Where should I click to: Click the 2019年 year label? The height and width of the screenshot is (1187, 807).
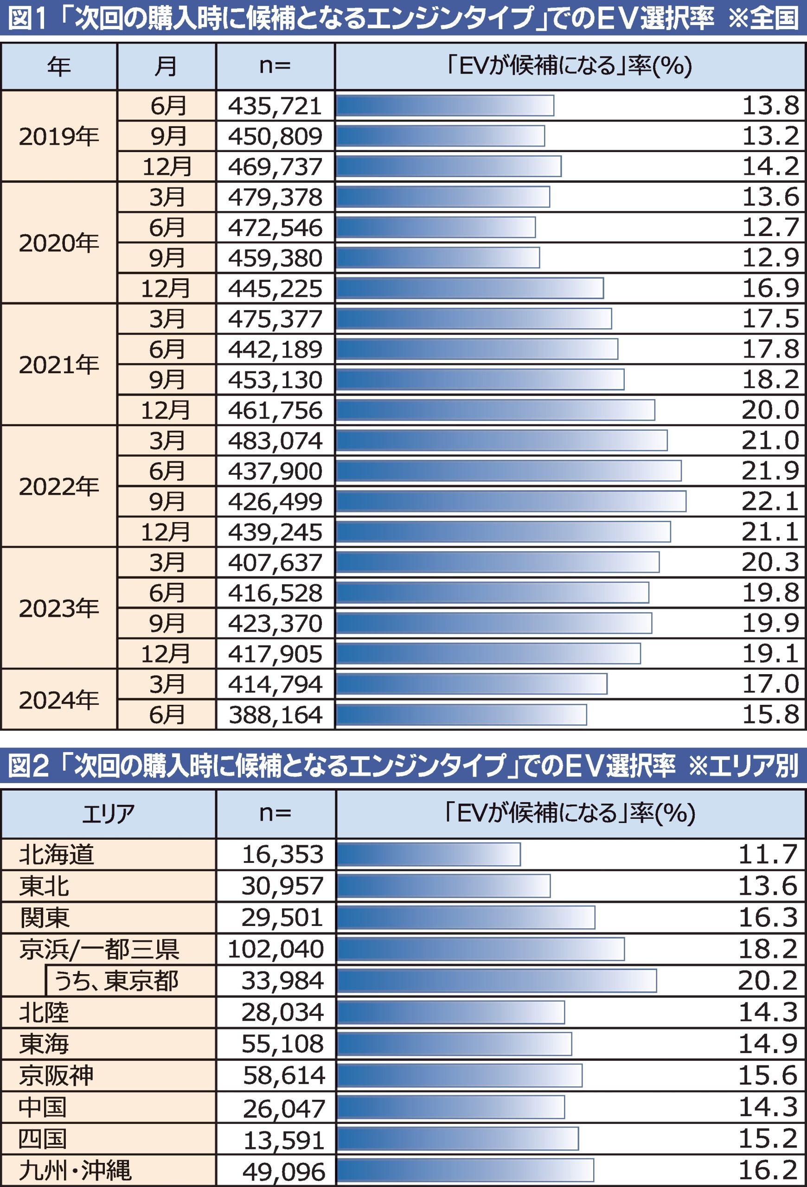click(59, 136)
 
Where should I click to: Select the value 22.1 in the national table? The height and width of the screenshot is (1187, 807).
click(770, 502)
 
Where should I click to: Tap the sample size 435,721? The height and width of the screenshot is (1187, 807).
click(275, 106)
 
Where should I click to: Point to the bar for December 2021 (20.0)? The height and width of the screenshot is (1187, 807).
click(495, 410)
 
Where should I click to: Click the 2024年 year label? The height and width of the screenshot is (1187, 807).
click(59, 700)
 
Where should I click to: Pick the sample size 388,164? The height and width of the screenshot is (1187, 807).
click(275, 715)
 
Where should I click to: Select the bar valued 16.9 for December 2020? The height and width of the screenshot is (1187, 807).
click(469, 288)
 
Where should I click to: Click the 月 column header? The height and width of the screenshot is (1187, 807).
click(166, 66)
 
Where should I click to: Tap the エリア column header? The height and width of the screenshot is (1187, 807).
click(108, 814)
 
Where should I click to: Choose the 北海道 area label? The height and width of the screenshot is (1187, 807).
click(57, 855)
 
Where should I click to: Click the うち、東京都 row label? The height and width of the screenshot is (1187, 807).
click(116, 981)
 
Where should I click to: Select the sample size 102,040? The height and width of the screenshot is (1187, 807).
click(276, 949)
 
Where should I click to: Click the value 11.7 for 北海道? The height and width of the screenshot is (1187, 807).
click(768, 855)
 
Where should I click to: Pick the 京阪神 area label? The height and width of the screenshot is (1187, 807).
click(57, 1076)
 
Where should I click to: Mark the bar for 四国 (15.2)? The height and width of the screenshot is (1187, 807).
click(458, 1139)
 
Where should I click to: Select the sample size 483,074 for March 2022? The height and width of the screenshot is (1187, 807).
click(275, 441)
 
